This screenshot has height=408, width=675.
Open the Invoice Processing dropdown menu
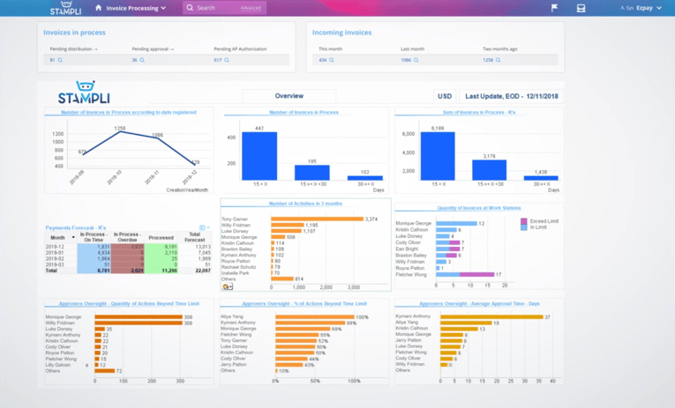click(x=135, y=8)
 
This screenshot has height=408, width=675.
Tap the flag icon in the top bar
click(x=554, y=8)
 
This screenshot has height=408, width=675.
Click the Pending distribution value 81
click(x=52, y=60)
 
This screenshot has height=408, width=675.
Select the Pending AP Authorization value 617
click(x=217, y=60)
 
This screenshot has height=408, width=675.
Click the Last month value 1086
click(x=406, y=60)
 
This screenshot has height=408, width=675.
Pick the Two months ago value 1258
click(x=488, y=60)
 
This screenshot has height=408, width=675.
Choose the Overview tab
click(x=289, y=96)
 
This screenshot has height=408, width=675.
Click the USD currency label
click(x=445, y=96)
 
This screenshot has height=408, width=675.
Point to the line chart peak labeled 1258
click(x=120, y=132)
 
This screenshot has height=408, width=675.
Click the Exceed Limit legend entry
click(x=543, y=221)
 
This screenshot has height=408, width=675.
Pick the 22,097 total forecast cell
click(x=202, y=271)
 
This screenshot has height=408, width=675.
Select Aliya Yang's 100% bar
click(x=313, y=316)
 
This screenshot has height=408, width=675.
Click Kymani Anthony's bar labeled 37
click(x=491, y=316)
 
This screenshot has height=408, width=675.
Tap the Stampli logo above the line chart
click(x=84, y=93)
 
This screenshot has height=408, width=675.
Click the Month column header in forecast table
click(x=58, y=237)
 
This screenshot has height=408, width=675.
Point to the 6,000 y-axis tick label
click(x=409, y=134)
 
